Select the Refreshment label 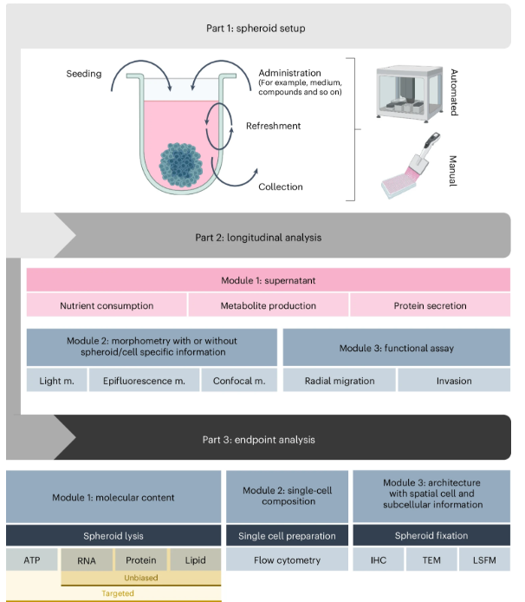click(273, 126)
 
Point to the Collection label click(280, 186)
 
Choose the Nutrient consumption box click(107, 305)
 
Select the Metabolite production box click(269, 305)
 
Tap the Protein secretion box click(430, 305)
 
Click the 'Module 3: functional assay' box click(397, 347)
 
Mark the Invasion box click(454, 380)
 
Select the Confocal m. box click(239, 380)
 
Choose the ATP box click(32, 560)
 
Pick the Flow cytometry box click(287, 560)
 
